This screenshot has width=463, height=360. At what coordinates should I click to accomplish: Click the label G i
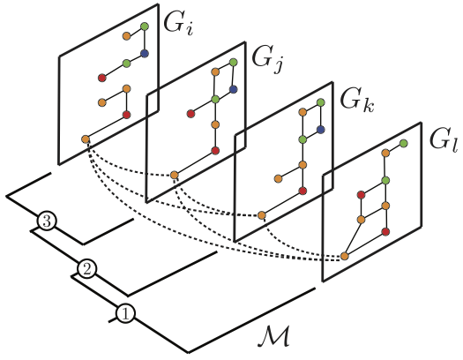[178, 24]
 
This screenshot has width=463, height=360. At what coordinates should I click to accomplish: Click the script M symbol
[273, 335]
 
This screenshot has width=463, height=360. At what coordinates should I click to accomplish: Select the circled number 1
[125, 313]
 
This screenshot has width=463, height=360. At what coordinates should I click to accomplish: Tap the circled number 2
[86, 269]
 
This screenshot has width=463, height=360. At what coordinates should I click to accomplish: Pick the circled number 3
[47, 221]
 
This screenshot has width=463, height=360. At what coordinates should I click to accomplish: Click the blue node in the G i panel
[145, 54]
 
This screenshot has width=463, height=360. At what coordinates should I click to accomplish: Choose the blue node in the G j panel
[234, 89]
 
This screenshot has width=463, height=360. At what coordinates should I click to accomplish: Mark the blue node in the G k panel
[321, 130]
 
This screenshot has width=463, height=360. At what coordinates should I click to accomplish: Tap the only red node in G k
[302, 191]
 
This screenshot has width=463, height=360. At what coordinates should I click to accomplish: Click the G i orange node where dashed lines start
[86, 139]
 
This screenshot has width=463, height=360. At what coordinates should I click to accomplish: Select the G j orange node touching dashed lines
[175, 175]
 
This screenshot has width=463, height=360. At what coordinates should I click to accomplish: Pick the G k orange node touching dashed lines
[262, 215]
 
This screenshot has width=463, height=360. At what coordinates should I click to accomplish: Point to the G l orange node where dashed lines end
[345, 256]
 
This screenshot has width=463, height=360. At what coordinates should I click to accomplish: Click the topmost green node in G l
[403, 144]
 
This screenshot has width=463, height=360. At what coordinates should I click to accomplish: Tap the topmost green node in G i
[145, 26]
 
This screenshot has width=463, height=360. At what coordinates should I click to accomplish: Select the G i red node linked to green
[102, 78]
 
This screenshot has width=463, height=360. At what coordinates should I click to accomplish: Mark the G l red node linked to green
[361, 195]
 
